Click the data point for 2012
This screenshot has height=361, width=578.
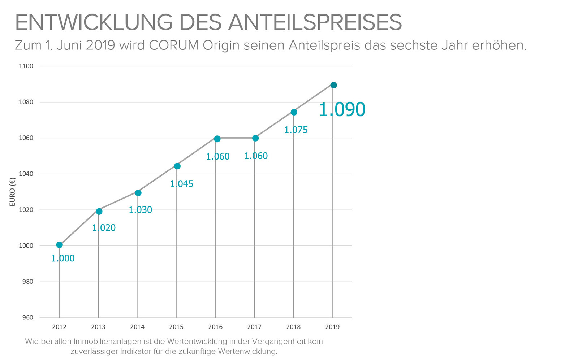60,245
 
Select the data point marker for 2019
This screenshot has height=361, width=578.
333,85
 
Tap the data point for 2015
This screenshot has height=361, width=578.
177,166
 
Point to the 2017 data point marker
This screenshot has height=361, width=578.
255,138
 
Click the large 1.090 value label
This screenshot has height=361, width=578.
342,109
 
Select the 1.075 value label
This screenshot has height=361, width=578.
296,130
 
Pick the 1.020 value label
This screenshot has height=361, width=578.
104,228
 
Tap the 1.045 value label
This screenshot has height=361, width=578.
181,184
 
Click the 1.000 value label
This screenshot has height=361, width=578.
63,258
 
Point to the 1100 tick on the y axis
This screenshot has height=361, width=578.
26,66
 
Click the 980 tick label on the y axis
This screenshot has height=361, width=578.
27,282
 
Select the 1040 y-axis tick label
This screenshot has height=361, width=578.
26,174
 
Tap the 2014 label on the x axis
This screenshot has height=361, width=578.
137,327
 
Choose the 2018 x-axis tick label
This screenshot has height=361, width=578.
293,327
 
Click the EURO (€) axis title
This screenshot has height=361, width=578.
13,192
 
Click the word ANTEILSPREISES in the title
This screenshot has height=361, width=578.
315,22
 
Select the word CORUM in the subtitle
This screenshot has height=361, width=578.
173,45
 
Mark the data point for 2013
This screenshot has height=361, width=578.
99,211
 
